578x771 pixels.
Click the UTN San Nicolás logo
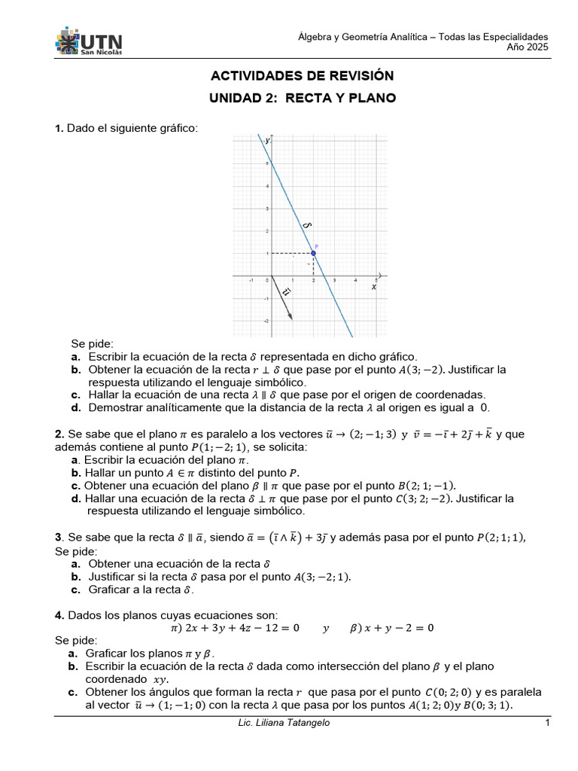pyautogui.click(x=88, y=42)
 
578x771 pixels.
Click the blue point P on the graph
pyautogui.click(x=314, y=254)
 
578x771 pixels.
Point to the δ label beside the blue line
pyautogui.click(x=306, y=224)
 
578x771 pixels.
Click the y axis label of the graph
pyautogui.click(x=267, y=140)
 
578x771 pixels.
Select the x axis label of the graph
pyautogui.click(x=374, y=287)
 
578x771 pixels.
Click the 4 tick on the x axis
pyautogui.click(x=356, y=280)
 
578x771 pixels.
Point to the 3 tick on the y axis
pyautogui.click(x=266, y=209)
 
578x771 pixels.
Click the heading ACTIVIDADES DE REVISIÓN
pyautogui.click(x=302, y=76)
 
